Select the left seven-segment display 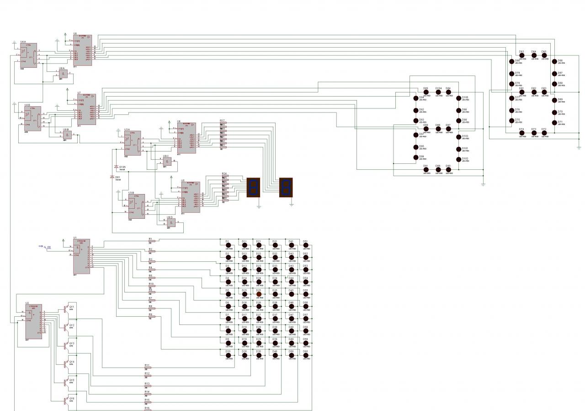coord(253,187)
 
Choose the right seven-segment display coord(286,187)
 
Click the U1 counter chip coord(81,256)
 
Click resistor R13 coord(147,386)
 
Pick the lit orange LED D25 coord(259,294)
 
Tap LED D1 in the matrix coord(228,245)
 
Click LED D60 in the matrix coord(306,356)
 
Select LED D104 coord(438,92)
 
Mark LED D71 coord(554,123)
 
